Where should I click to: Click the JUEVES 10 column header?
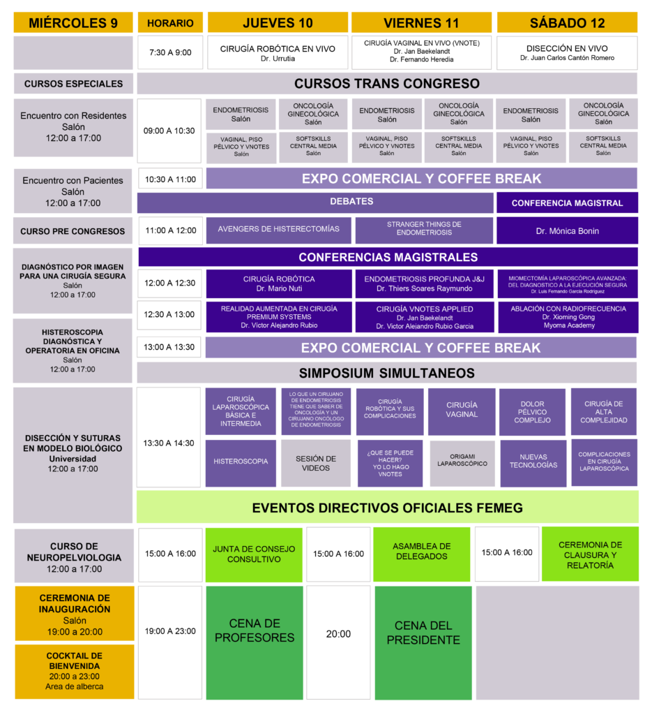pyautogui.click(x=278, y=23)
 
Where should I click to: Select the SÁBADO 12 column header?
pyautogui.click(x=567, y=23)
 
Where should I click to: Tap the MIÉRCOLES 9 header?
pyautogui.click(x=73, y=23)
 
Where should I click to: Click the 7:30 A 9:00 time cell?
pyautogui.click(x=170, y=52)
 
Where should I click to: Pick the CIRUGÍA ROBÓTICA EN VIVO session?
pyautogui.click(x=278, y=53)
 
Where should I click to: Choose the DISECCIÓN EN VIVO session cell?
pyautogui.click(x=567, y=53)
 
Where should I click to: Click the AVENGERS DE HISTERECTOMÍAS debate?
pyautogui.click(x=278, y=230)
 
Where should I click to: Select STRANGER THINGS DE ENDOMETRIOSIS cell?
pyautogui.click(x=424, y=230)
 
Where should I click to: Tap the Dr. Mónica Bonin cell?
pyautogui.click(x=567, y=230)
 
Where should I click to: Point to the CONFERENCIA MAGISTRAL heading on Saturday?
pyautogui.click(x=567, y=203)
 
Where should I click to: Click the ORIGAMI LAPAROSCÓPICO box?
pyautogui.click(x=462, y=463)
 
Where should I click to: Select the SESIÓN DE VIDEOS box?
pyautogui.click(x=315, y=463)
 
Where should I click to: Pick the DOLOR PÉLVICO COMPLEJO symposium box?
pyautogui.click(x=532, y=412)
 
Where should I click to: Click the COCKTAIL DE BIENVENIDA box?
pyautogui.click(x=74, y=671)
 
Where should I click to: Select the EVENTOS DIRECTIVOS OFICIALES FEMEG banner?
pyautogui.click(x=387, y=508)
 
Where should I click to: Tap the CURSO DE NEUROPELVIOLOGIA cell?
pyautogui.click(x=74, y=556)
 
